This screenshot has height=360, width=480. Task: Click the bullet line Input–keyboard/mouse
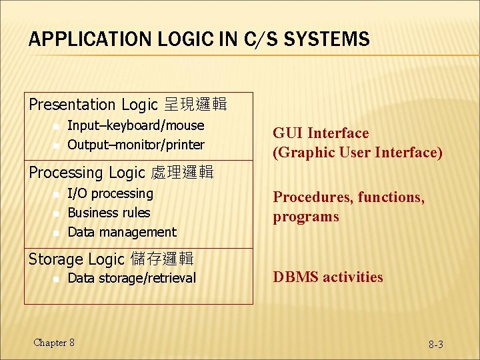tap(136, 125)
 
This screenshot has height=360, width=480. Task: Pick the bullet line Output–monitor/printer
tap(136, 145)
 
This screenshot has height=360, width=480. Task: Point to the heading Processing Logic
tap(86, 173)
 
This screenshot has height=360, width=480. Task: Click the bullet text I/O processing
tap(111, 193)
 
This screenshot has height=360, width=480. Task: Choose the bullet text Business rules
tap(109, 213)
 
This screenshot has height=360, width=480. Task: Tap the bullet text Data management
tap(122, 232)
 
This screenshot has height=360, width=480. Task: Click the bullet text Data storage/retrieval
tap(132, 278)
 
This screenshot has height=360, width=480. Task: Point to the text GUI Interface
tap(321, 133)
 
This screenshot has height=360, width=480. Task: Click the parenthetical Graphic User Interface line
tap(357, 153)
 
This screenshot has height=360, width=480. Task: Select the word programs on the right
tap(306, 217)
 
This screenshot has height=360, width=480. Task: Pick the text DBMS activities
tap(328, 277)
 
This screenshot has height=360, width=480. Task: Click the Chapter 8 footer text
tap(54, 343)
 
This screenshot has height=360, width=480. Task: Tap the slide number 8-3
tap(436, 345)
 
